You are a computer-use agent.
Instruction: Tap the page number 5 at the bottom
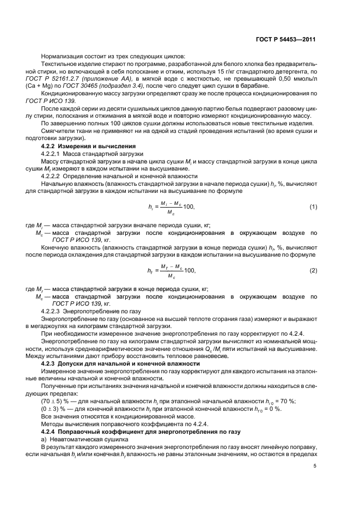point(315,465)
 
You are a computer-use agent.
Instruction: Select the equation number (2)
point(313,270)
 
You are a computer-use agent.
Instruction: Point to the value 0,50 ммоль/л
point(292,79)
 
